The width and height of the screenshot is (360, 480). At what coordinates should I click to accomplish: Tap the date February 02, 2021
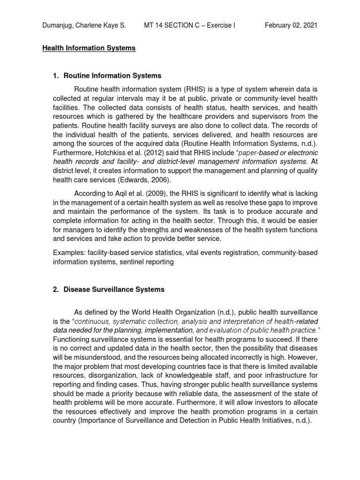click(291, 25)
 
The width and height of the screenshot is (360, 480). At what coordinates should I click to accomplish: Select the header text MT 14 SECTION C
click(171, 25)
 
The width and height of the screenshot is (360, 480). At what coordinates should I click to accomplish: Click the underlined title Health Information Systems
click(89, 48)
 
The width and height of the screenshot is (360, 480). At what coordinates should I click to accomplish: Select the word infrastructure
click(287, 375)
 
